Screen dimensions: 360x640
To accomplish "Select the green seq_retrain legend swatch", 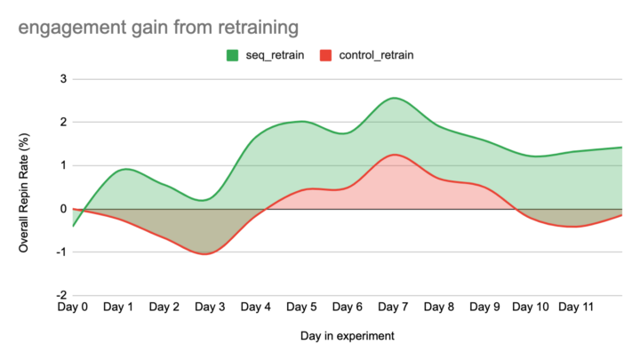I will pos(232,55).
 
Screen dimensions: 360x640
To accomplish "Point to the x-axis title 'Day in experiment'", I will pos(347,336).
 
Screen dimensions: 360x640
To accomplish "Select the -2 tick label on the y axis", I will pos(60,295).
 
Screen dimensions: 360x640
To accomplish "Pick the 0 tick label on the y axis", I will pos(63,209).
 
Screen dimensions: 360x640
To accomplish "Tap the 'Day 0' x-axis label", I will pos(73,308).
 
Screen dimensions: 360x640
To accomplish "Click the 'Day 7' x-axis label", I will pos(393,308).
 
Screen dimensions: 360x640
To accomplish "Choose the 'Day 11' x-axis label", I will pos(576,308).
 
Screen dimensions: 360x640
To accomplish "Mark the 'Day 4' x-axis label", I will pos(256,308).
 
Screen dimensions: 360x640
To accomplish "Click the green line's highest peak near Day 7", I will pos(394,98).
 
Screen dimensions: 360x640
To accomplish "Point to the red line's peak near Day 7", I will pos(393,155).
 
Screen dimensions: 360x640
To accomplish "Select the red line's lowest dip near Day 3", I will pos(207,253).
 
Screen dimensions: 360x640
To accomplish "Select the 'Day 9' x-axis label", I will pos(484,308).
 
